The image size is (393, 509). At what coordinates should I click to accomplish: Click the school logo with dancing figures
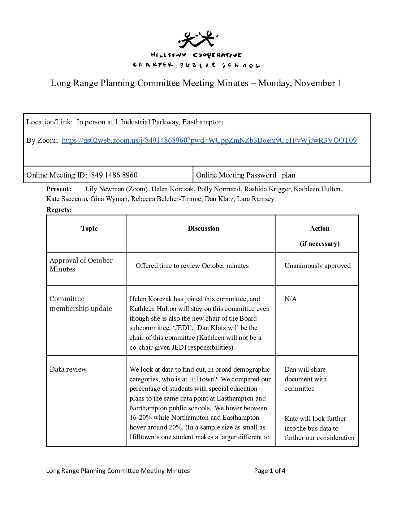point(198,39)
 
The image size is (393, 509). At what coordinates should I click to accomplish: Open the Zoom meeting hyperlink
point(209,141)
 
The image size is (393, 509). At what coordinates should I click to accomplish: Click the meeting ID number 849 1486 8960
point(114,175)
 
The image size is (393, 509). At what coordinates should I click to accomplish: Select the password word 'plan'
point(289,175)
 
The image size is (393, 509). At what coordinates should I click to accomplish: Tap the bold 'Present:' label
point(59,189)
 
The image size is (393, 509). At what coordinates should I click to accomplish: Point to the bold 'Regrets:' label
point(59,210)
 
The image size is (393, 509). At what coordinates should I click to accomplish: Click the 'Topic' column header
point(89,228)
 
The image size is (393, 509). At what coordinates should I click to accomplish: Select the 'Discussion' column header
point(203,228)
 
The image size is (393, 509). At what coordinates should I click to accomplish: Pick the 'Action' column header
point(320,228)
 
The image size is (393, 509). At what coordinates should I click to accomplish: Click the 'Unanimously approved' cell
point(318,266)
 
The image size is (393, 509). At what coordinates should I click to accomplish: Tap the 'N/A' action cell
point(291,299)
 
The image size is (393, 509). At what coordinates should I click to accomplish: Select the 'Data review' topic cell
point(68,369)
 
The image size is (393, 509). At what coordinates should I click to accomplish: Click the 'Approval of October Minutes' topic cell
point(81,265)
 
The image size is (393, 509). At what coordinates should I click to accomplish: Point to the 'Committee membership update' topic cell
point(81,304)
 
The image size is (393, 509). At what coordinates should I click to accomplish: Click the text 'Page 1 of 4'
point(269,471)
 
